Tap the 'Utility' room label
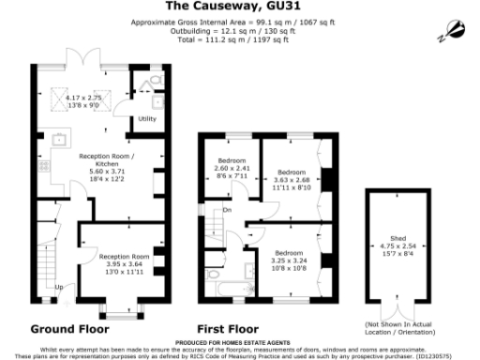pos(147,119)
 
